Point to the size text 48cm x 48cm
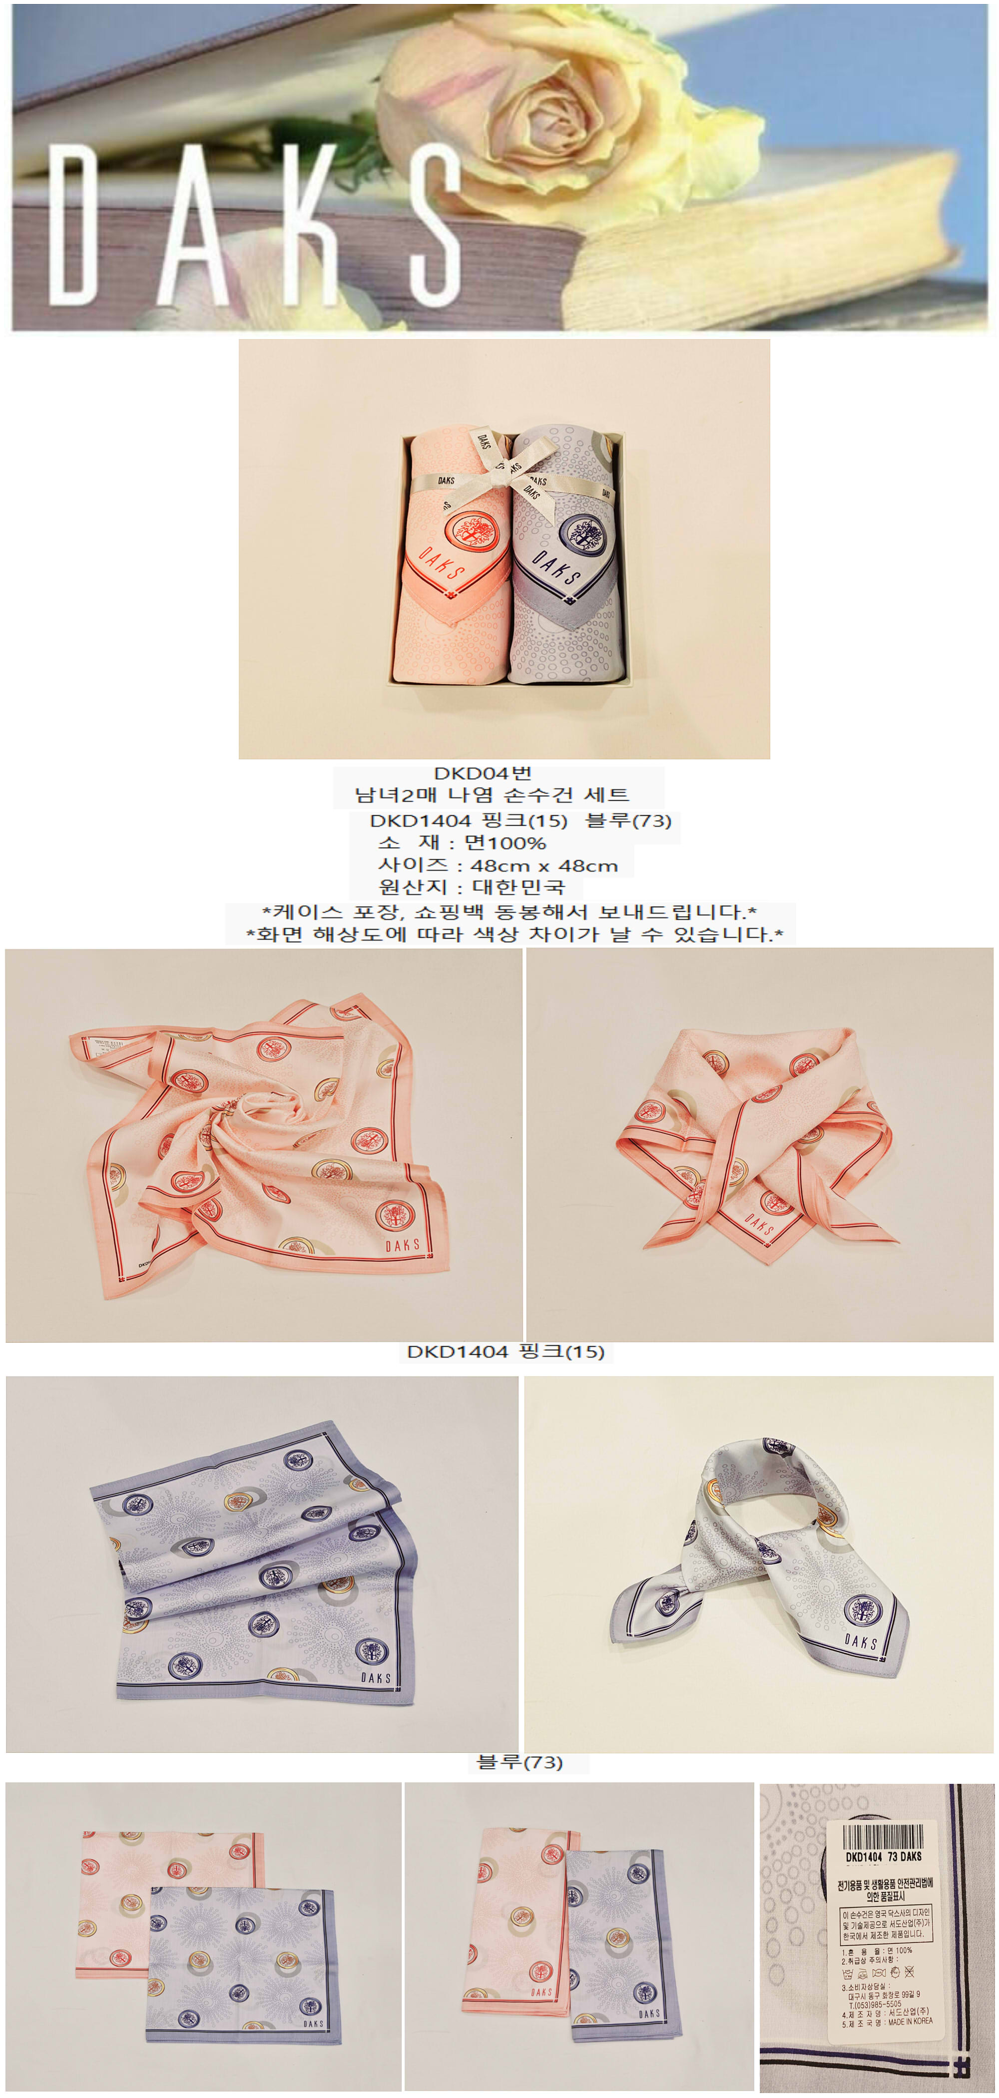click(x=544, y=866)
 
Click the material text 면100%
click(x=505, y=843)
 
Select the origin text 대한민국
click(x=518, y=887)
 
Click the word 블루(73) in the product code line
click(x=628, y=820)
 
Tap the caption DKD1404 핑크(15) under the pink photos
click(x=505, y=1353)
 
